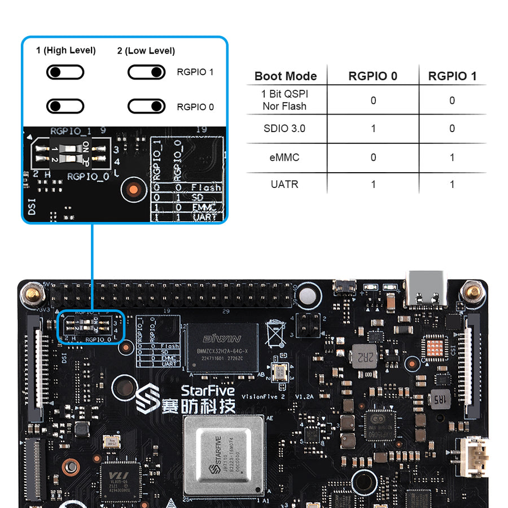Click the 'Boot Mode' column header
(286, 76)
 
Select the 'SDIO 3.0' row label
(284, 129)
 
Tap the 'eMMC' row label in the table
(284, 157)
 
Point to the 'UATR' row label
(284, 185)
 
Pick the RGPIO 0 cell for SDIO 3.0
(373, 129)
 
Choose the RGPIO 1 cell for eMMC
(452, 157)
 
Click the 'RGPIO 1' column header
(452, 76)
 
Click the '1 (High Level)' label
(66, 51)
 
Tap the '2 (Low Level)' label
(146, 51)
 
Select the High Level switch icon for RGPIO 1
(66, 72)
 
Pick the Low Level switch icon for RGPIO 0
(146, 106)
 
